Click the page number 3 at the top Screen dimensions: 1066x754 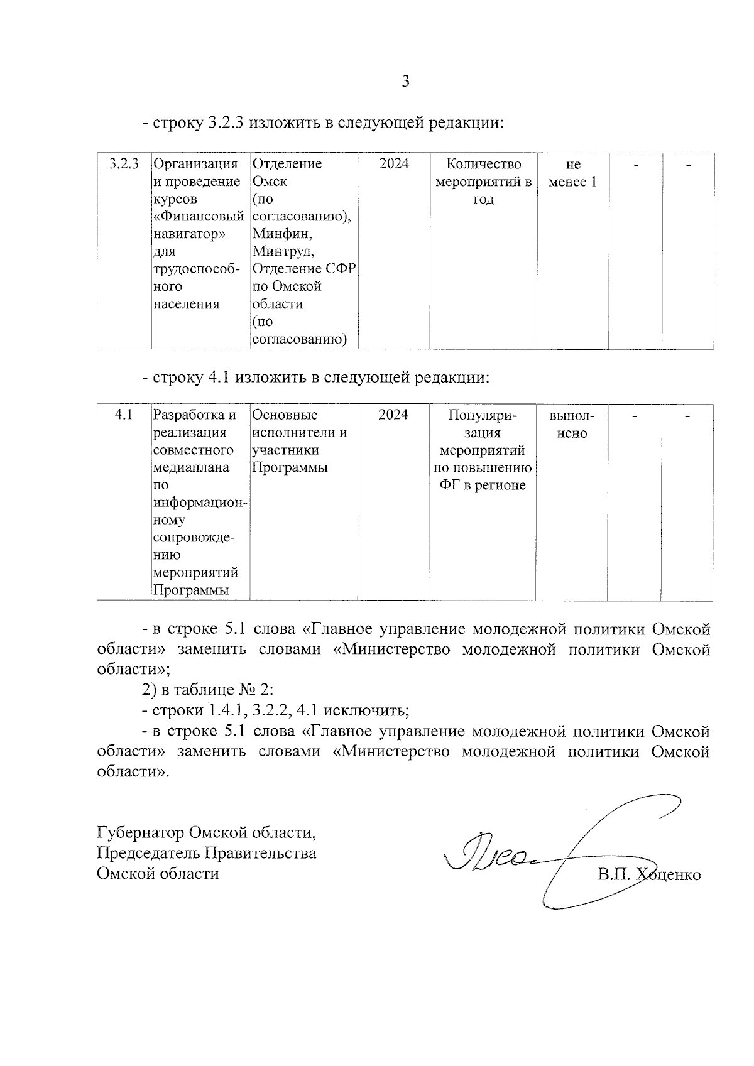(x=405, y=81)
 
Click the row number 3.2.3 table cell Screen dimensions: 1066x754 (x=123, y=164)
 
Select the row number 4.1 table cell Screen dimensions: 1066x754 (x=123, y=415)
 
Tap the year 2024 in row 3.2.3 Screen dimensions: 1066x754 (x=394, y=164)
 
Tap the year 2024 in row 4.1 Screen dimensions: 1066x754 (x=393, y=415)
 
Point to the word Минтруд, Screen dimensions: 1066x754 (x=283, y=251)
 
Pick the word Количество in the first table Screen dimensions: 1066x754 (x=483, y=164)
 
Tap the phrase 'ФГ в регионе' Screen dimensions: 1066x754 (x=483, y=486)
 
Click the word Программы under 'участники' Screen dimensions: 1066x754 (x=290, y=468)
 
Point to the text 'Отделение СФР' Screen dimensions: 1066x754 (x=304, y=269)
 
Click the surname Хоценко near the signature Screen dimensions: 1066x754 (x=669, y=875)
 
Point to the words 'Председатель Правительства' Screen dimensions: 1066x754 (x=206, y=853)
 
